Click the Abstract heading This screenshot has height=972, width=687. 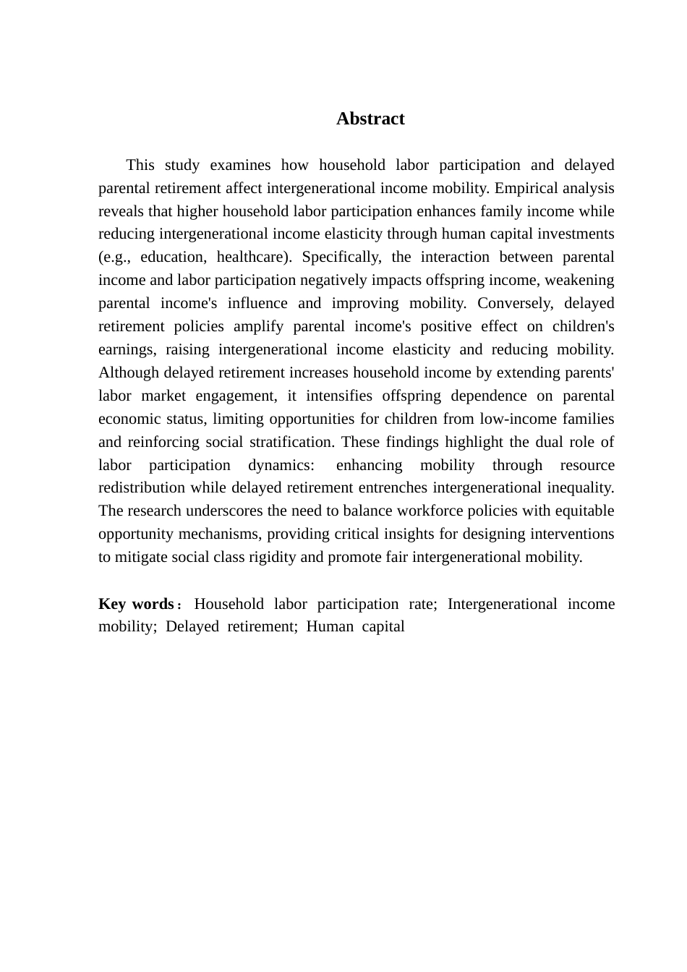[370, 119]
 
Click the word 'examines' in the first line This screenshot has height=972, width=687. [240, 166]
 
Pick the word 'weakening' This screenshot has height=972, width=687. [579, 281]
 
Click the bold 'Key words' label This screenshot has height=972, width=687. [136, 605]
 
